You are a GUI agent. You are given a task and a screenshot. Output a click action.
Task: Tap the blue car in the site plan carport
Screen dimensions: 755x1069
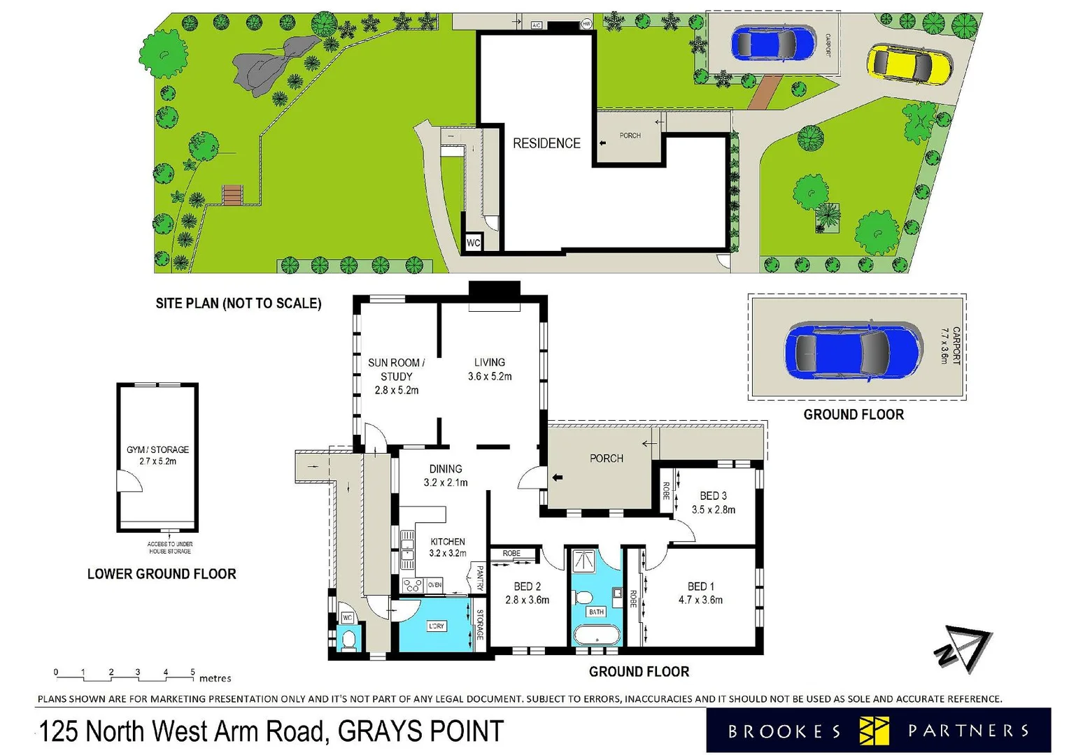(x=772, y=44)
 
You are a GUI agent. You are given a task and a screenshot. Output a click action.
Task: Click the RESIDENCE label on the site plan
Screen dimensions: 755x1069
(x=546, y=143)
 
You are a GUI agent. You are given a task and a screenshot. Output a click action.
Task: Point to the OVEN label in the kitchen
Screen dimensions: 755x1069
(x=435, y=584)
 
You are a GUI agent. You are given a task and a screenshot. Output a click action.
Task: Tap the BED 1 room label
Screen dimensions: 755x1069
(x=700, y=587)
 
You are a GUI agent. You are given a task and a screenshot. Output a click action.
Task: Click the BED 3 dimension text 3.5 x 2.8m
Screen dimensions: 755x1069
(x=713, y=510)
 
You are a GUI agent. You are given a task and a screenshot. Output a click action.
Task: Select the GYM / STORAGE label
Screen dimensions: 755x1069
(x=157, y=450)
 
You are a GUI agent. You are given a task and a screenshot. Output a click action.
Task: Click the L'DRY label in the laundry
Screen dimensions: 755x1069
(x=436, y=626)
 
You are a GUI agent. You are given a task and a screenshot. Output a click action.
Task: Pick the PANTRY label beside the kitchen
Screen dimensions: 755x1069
(x=480, y=578)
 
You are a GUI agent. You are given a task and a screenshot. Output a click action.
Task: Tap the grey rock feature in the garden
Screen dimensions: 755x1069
(x=268, y=66)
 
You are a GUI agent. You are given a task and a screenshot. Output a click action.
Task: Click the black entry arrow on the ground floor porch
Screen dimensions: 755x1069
(x=558, y=477)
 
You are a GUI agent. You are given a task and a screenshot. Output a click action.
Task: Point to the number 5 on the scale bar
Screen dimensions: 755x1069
(x=193, y=672)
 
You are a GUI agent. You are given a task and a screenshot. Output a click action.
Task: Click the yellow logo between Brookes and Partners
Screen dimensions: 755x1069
(x=874, y=731)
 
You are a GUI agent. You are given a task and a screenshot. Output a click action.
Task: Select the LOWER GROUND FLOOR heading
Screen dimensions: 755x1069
(x=162, y=574)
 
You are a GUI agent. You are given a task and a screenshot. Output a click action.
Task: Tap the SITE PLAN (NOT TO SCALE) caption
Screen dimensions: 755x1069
(x=238, y=303)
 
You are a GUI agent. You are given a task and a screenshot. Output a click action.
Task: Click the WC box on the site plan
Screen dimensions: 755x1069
(x=474, y=243)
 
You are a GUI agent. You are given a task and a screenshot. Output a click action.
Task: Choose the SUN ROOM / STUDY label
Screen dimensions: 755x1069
(x=396, y=369)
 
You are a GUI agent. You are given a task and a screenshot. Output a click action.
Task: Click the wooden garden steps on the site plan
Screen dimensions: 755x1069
(x=233, y=195)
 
